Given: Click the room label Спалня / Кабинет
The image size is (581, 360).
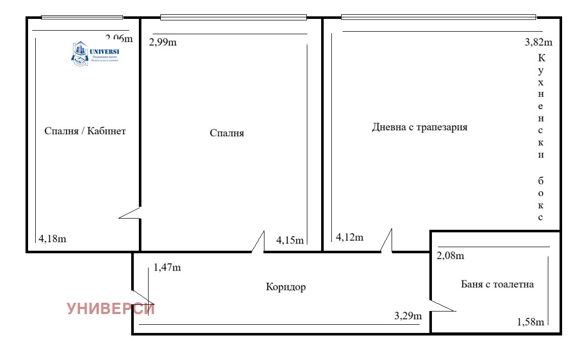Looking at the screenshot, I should click(85, 131).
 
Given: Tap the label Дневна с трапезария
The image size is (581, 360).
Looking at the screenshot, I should click(420, 127).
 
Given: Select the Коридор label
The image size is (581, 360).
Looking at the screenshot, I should click(286, 287).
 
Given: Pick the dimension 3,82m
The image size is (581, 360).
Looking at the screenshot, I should click(538, 42).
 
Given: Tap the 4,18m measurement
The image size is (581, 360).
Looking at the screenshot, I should click(53, 238).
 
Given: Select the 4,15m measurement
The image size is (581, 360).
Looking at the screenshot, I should click(289, 239).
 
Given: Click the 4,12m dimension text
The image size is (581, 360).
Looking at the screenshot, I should click(350, 237).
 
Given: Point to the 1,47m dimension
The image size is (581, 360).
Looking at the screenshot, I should click(167, 267).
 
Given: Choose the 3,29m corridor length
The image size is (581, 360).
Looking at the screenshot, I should click(408, 316).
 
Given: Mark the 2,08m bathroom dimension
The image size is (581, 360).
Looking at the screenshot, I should click(450, 256).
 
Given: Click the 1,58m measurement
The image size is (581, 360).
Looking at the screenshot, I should click(530, 322).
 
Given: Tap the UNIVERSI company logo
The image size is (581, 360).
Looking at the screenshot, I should click(95, 53).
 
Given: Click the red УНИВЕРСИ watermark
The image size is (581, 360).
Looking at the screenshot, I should click(111, 309).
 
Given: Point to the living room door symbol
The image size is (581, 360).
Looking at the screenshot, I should click(387, 241).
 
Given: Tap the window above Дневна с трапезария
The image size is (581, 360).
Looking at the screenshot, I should click(438, 17).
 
